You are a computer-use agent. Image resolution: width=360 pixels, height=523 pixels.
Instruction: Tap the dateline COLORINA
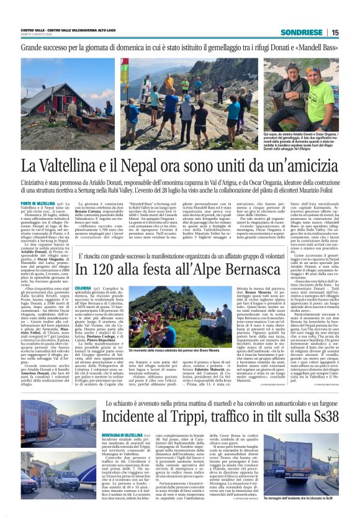click(x=86, y=288)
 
